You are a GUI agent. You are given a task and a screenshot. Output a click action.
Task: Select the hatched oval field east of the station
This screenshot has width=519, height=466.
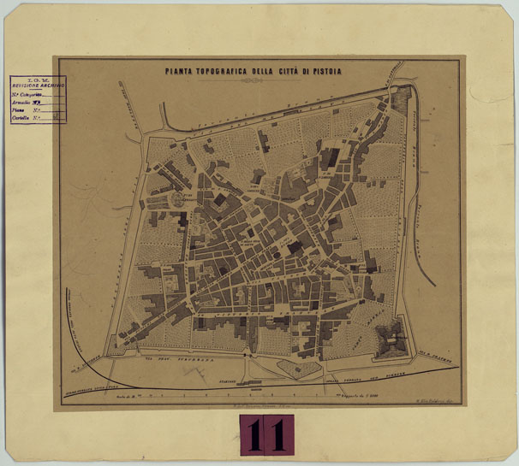[295, 369]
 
